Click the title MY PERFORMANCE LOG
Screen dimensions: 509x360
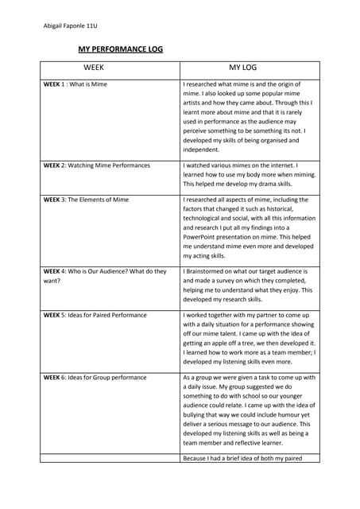119,49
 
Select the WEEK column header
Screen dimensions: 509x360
94,69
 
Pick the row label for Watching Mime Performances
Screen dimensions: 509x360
96,165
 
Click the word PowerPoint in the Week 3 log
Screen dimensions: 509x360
202,236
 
